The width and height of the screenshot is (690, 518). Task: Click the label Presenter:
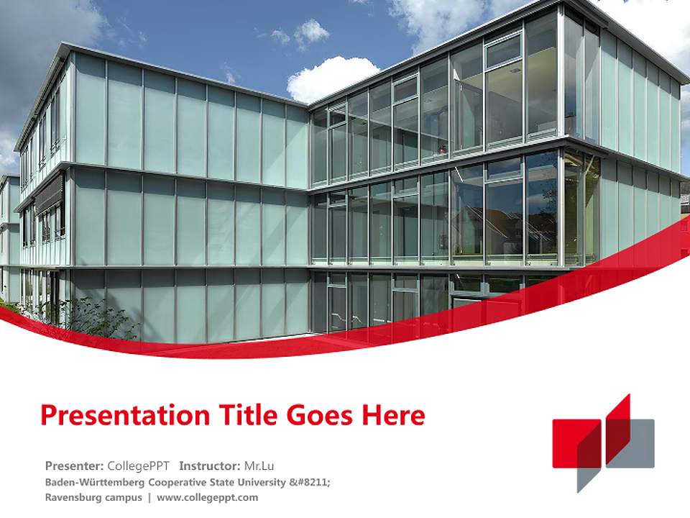(75, 465)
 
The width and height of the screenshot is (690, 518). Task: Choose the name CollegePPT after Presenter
(138, 465)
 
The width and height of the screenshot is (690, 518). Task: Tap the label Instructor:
(209, 465)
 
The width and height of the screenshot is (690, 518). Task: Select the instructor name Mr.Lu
(259, 465)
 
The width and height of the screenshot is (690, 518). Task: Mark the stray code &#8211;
(310, 482)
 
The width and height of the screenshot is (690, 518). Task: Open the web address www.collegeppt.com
(207, 497)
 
